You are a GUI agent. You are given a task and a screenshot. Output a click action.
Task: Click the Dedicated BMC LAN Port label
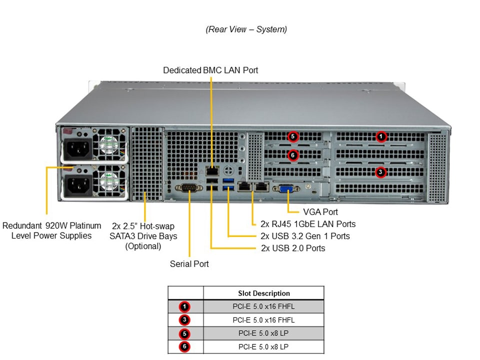[x=210, y=70]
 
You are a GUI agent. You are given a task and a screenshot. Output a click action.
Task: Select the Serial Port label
[x=189, y=263]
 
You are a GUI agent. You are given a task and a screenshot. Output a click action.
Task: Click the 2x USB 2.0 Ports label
[x=293, y=248]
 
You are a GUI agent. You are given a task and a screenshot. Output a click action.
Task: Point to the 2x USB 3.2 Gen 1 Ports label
[x=305, y=236]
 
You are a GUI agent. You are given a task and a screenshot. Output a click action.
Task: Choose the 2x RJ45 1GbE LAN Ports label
[x=308, y=224]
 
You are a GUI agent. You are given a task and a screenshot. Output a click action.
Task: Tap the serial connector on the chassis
[x=189, y=188]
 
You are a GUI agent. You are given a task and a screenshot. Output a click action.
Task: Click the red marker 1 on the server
[x=381, y=136]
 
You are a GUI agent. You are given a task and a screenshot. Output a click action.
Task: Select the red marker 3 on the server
[x=380, y=172]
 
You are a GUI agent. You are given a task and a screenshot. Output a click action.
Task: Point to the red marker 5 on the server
[x=293, y=136]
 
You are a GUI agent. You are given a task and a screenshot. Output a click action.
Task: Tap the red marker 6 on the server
[x=293, y=155]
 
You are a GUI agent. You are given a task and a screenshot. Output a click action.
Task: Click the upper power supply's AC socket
[x=75, y=148]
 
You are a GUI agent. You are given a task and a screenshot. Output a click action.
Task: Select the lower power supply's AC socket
[x=75, y=185]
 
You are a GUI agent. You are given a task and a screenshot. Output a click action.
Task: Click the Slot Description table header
[x=263, y=293]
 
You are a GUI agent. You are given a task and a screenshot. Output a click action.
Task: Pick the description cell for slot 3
[x=263, y=320]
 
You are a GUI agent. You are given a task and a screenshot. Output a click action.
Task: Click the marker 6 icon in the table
[x=185, y=346]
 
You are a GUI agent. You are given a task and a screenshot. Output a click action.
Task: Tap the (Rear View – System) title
[x=246, y=29]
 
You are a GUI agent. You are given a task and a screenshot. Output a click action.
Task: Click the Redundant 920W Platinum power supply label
[x=51, y=230]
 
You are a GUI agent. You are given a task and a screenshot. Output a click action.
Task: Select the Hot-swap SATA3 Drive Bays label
[x=143, y=236]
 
